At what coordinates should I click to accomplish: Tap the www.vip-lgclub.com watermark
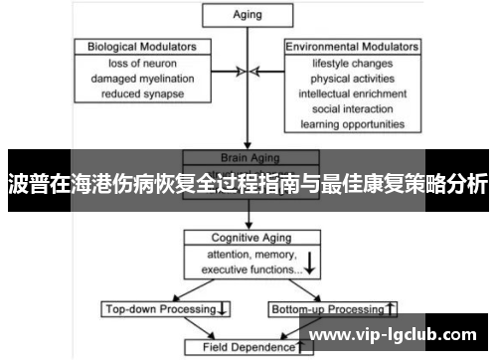coord(395,336)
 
